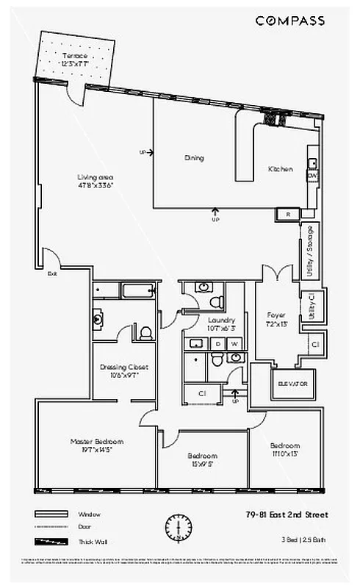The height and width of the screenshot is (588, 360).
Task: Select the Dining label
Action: click(x=194, y=158)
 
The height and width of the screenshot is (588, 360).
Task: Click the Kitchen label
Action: click(x=280, y=169)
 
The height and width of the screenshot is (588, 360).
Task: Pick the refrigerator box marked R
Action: click(x=287, y=214)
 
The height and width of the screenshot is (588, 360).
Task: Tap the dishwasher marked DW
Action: click(x=312, y=176)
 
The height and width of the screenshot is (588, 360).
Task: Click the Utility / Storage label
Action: click(x=310, y=251)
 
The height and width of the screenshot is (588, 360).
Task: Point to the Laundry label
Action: click(x=220, y=320)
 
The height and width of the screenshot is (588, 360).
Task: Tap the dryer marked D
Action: click(x=218, y=343)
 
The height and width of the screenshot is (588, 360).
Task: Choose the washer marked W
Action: click(x=234, y=343)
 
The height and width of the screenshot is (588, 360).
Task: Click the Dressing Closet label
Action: click(x=124, y=367)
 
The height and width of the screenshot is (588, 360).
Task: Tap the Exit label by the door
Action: click(x=51, y=273)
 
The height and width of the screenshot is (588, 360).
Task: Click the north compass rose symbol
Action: click(x=178, y=526)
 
